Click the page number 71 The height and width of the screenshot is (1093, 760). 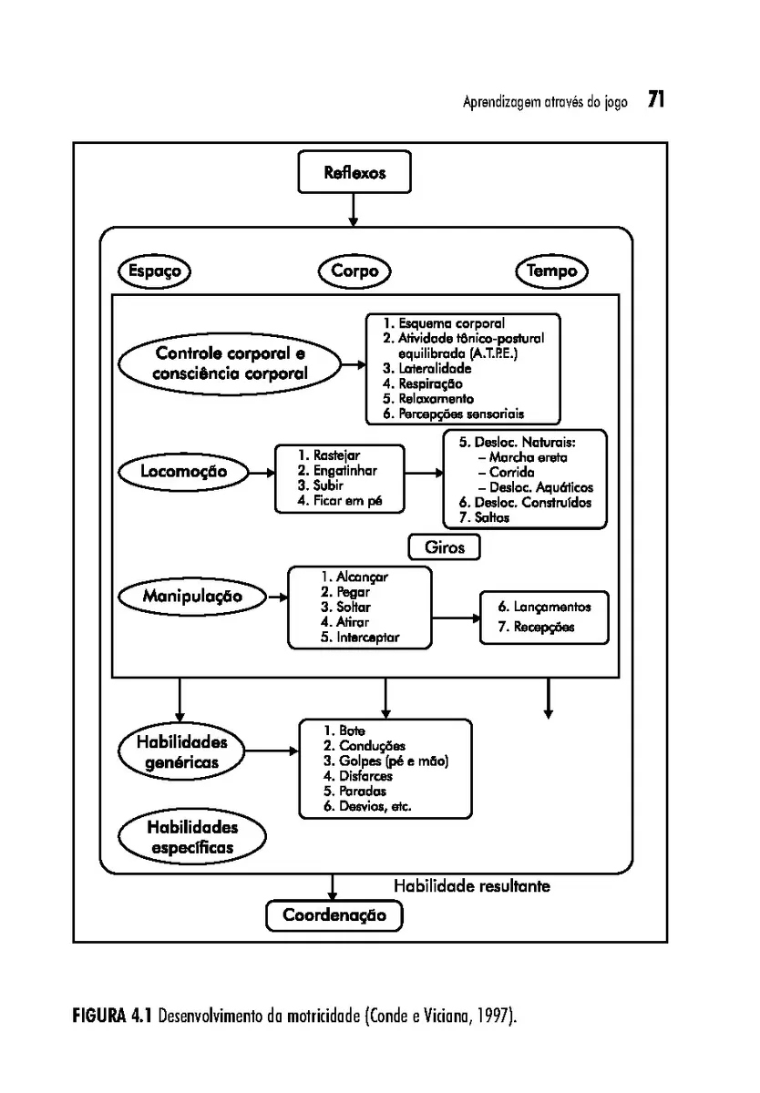click(656, 99)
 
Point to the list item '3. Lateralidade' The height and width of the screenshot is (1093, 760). click(427, 368)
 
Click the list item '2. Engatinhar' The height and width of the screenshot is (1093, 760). click(337, 470)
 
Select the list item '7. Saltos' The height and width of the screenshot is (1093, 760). click(484, 517)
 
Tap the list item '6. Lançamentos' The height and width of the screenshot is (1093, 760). click(545, 607)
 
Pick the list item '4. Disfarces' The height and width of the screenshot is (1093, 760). click(358, 776)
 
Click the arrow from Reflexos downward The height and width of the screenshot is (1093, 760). click(354, 209)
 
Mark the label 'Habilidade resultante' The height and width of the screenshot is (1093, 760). click(472, 886)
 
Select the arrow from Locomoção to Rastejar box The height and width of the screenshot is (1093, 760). click(262, 473)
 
